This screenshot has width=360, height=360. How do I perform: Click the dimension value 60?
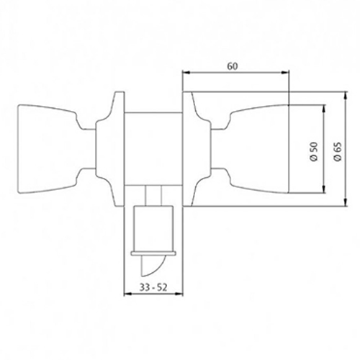click(x=233, y=66)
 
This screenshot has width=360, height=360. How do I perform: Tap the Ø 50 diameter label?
click(x=314, y=151)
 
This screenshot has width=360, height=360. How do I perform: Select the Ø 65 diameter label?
click(x=337, y=152)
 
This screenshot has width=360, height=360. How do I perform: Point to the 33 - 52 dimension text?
click(x=153, y=287)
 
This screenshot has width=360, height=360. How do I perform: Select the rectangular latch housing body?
click(x=153, y=228)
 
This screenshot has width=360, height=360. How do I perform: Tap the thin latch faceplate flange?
click(x=153, y=253)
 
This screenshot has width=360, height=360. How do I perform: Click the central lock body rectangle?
click(x=153, y=149)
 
